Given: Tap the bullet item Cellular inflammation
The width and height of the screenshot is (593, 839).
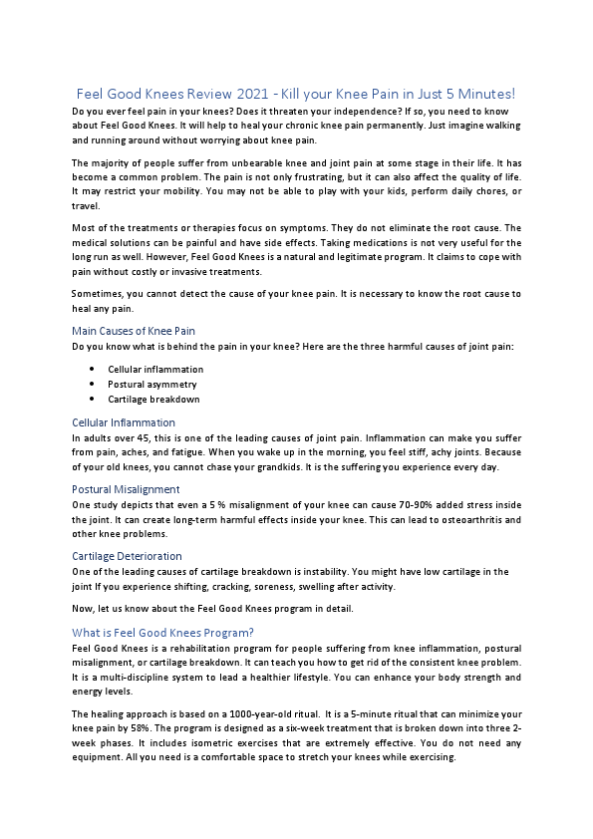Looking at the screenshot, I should point(155,369).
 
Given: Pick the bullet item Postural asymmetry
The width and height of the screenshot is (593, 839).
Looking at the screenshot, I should point(152,384).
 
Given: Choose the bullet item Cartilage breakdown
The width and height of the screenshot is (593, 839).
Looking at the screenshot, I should point(153,399).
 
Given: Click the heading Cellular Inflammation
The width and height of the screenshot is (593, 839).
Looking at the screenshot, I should point(124,422).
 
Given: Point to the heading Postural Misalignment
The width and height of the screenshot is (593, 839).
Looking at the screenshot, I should point(126,489).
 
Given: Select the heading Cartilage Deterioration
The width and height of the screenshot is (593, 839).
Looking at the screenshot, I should point(127,556).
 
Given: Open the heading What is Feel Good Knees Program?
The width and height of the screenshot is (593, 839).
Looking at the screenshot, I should point(162,632).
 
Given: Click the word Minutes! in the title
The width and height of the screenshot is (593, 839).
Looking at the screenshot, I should point(485,94).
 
